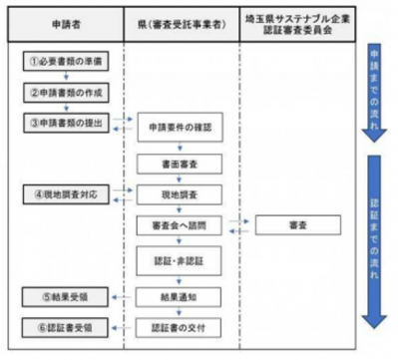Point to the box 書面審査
click(177, 161)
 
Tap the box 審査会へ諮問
click(177, 225)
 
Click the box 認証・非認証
click(177, 261)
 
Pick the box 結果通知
click(177, 296)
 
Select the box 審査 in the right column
click(296, 225)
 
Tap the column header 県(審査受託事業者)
click(177, 22)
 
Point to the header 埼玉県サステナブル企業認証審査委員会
click(296, 21)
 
